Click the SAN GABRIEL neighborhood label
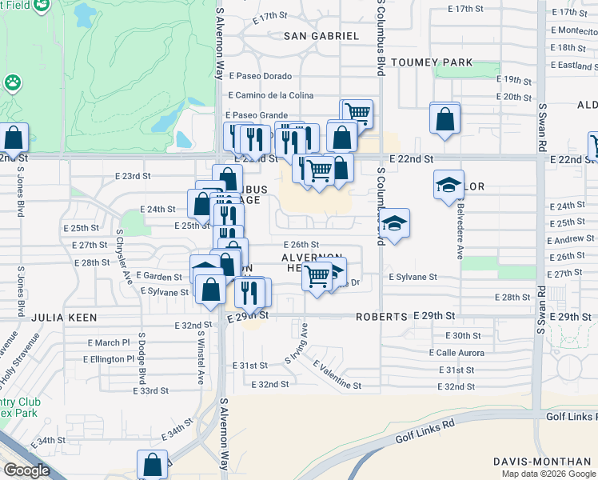coord(322,36)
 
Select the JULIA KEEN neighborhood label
coord(64,318)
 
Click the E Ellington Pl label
coord(108,359)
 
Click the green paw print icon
coord(12,82)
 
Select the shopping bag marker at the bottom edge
coord(152,465)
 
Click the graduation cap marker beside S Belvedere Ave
coord(448,185)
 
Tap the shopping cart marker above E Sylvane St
coord(317,276)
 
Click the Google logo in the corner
coord(26,470)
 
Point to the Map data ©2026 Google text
coord(548,474)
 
